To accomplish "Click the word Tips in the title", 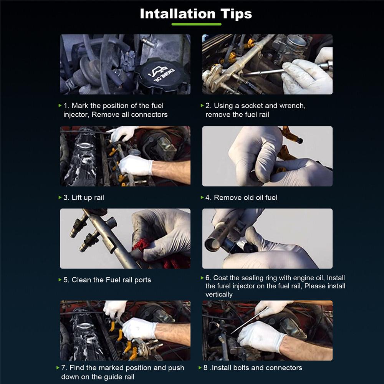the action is (x=236, y=14).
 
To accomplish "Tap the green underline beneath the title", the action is (x=196, y=24).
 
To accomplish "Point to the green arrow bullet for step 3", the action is (x=60, y=197).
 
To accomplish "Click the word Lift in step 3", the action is (x=77, y=197).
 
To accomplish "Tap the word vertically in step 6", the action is (x=219, y=295).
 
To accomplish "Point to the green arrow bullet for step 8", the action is (x=200, y=367).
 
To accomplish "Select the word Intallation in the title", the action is (x=177, y=14).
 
